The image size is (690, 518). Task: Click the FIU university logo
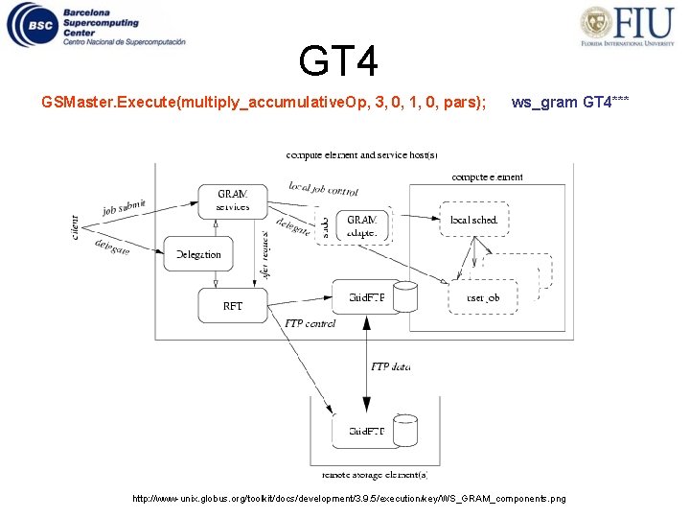coord(624,27)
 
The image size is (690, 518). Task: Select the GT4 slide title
coord(338,61)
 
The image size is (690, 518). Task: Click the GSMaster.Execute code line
coord(264,102)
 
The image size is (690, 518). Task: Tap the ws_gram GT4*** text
coord(570,102)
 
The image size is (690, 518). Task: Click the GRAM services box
coord(232,200)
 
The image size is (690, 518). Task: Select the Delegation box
coord(198,254)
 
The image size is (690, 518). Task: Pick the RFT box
coord(232,306)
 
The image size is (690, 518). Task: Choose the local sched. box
coord(473,220)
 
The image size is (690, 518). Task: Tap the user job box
coord(482,297)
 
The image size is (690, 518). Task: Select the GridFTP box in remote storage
coord(365,431)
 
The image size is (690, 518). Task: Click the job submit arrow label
coord(125,207)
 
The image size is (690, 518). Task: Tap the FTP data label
coord(390,367)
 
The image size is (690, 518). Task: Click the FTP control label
coord(310,324)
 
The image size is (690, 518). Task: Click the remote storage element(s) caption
coord(375,474)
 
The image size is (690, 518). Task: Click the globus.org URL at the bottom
coord(349,499)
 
